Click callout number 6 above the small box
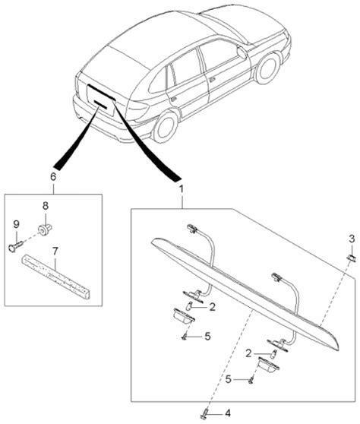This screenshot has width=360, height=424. pos(53,177)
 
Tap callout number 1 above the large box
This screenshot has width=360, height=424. pos(182,189)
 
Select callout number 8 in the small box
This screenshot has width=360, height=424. pos(46,206)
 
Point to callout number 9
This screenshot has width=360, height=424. pos(17,224)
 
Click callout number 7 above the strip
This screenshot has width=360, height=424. pos(55,252)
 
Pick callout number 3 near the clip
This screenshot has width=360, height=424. pos(352,239)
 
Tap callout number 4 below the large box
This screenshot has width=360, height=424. pos(228,413)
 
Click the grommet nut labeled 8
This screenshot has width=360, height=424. pos(44,230)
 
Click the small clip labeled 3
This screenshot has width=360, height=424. pos(352,258)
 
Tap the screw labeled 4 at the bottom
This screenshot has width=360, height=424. pos(205,412)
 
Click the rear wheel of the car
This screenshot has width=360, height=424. pos(165,127)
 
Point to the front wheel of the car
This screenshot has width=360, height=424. pos(268,68)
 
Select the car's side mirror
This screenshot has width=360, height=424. pos(242,52)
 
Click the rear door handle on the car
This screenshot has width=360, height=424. pos(173,99)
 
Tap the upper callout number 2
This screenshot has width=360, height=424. pos(212,307)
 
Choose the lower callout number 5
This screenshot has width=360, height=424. pos(229,379)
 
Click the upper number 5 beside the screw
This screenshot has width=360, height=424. pos(207,337)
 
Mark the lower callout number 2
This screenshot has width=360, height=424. pos(248,353)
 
